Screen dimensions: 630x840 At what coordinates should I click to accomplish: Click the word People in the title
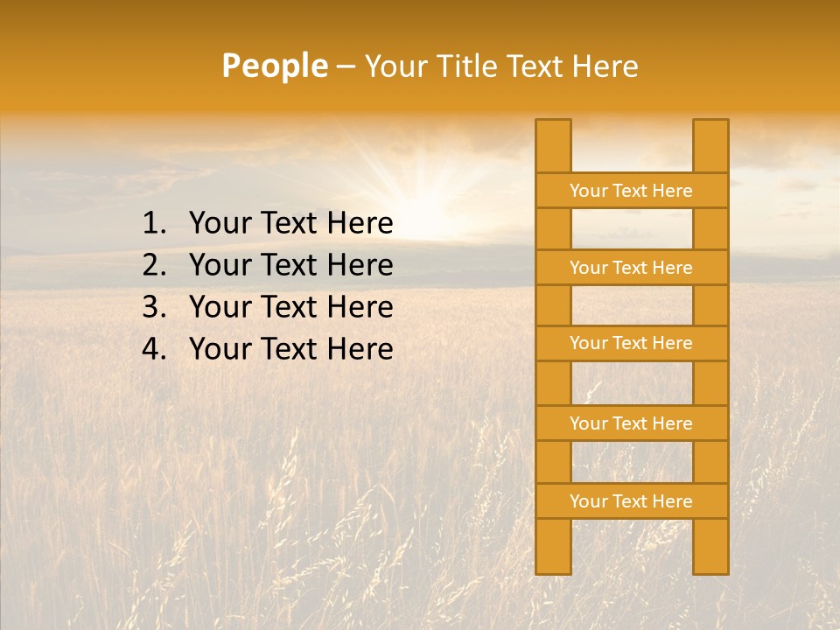point(275,66)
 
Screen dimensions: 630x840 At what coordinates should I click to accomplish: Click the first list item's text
point(290,224)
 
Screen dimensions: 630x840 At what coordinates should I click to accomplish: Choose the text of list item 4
point(290,349)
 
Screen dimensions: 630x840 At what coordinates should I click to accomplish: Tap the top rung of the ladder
point(631,191)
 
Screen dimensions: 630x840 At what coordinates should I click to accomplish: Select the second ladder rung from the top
point(631,268)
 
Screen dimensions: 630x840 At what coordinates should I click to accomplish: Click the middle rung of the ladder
point(631,344)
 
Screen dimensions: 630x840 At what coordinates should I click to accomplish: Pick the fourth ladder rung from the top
point(631,423)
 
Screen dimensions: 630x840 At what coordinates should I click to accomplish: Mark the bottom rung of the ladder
point(631,501)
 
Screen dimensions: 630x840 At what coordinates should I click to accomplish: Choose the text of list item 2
point(290,265)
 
